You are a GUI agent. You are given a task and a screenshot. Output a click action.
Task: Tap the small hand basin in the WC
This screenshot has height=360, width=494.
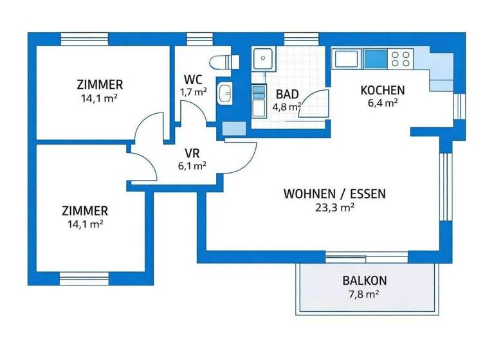pyautogui.click(x=225, y=94)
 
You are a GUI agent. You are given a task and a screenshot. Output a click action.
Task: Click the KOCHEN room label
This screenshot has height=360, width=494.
pyautogui.click(x=383, y=90)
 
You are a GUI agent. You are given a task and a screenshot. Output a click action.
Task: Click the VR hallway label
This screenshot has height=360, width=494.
pyautogui.click(x=192, y=153)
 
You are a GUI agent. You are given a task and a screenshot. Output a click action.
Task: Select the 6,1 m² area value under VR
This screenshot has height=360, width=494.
pyautogui.click(x=191, y=165)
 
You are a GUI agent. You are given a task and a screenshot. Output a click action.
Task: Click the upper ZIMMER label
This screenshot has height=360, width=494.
pyautogui.click(x=100, y=85)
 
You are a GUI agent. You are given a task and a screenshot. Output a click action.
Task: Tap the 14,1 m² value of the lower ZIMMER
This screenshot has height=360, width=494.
pyautogui.click(x=86, y=224)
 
